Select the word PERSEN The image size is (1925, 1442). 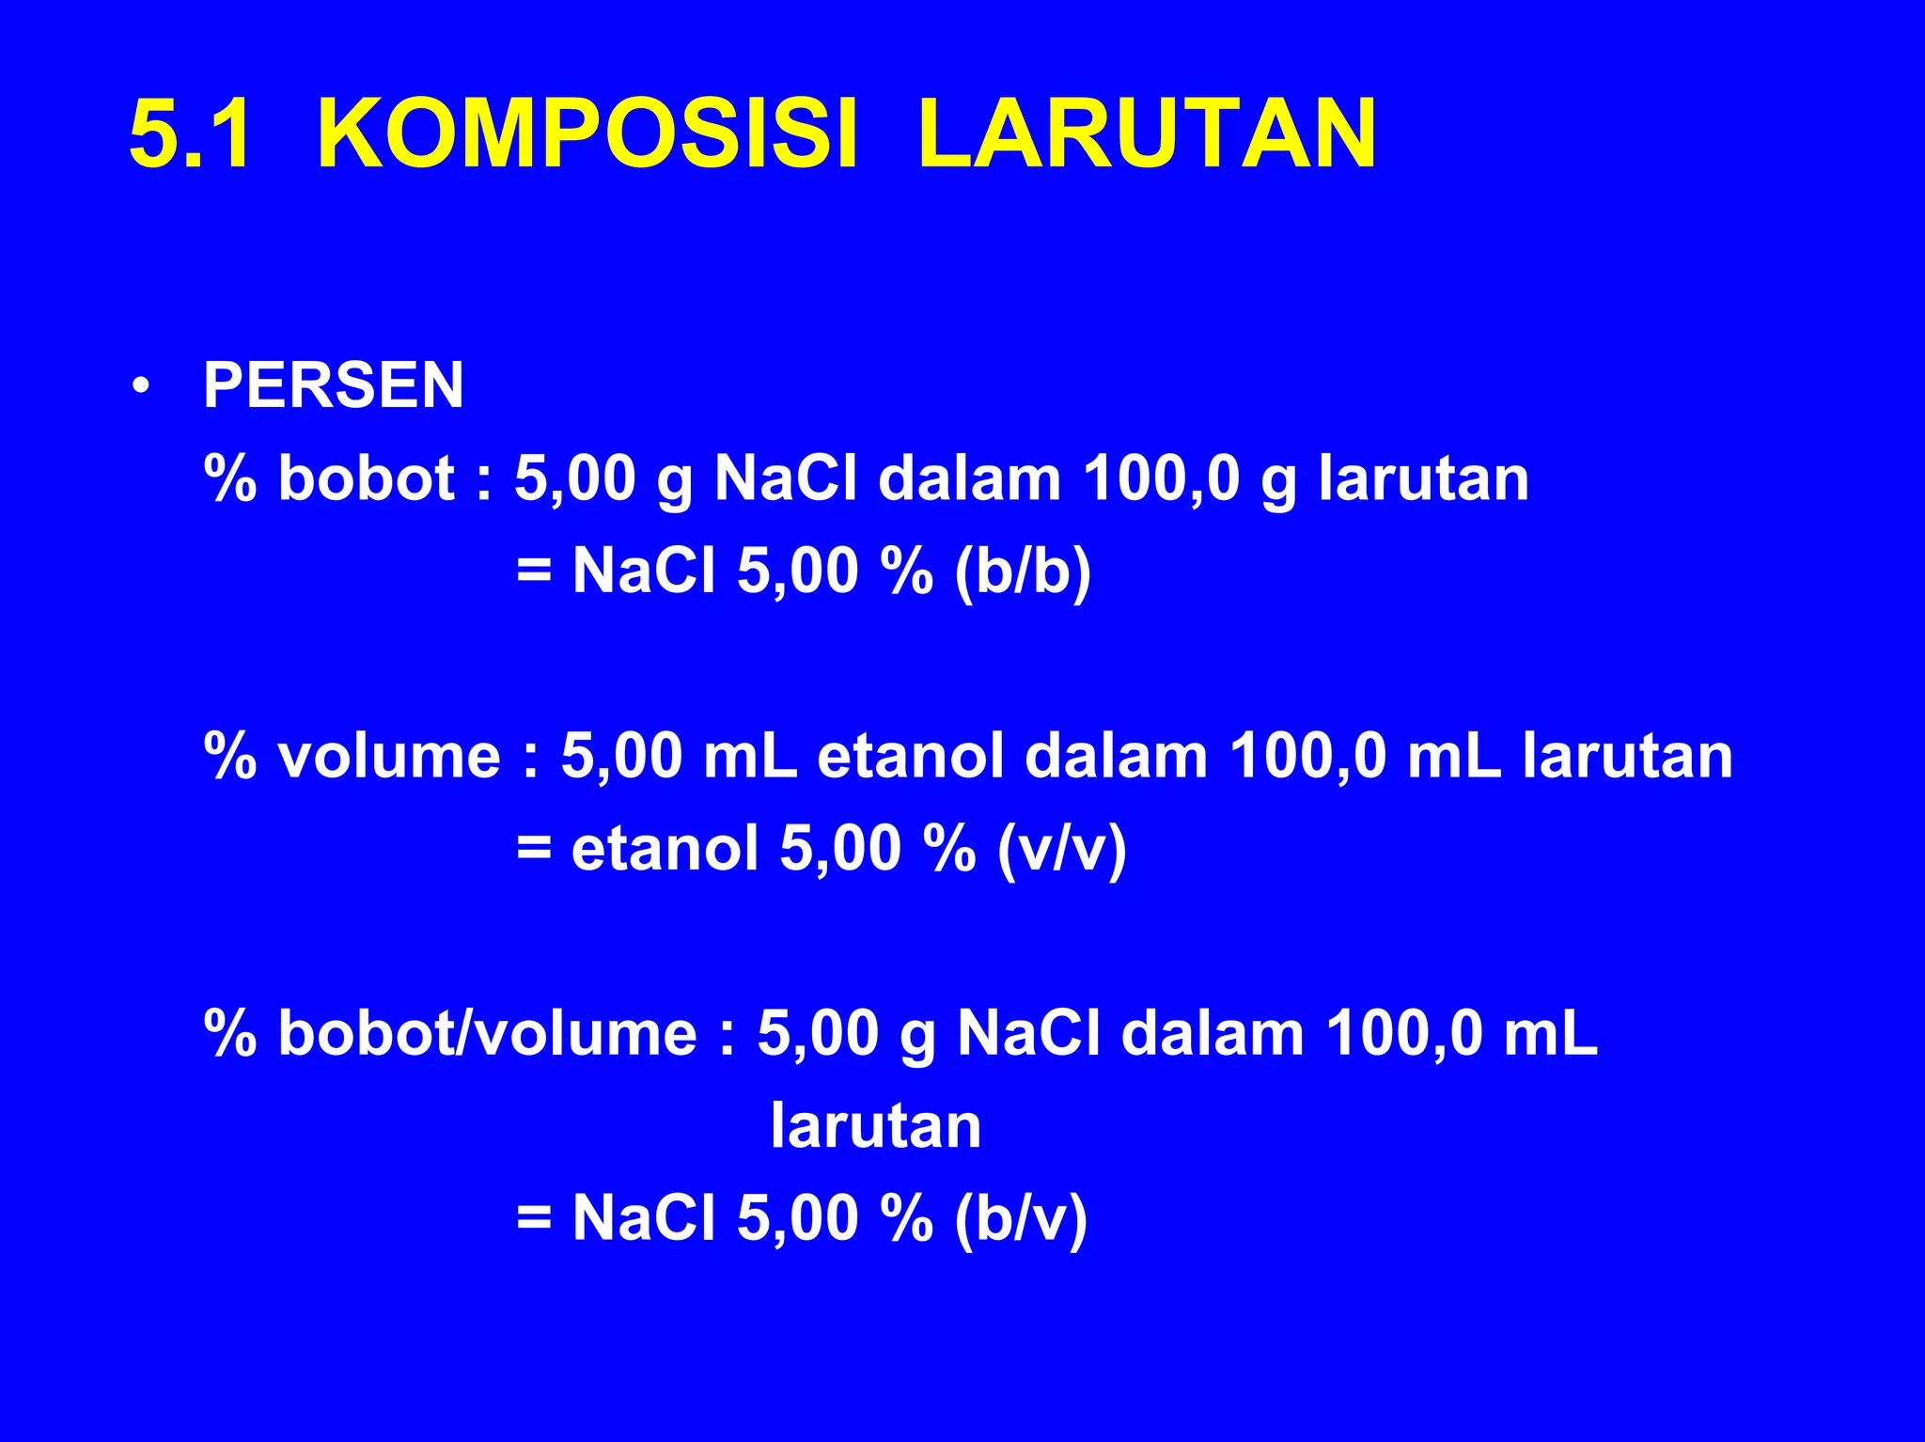333,385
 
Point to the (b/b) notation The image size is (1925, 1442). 1023,571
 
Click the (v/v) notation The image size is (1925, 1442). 1061,849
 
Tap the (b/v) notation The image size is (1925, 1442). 1021,1218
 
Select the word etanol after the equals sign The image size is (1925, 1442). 665,849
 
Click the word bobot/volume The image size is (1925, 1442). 488,1033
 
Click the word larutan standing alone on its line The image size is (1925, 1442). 875,1126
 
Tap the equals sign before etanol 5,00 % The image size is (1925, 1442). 534,849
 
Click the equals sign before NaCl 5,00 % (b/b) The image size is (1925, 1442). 534,571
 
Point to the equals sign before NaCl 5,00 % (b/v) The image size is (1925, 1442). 534,1218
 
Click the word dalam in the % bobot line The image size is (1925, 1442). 970,478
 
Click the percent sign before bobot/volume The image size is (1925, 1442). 230,1033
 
